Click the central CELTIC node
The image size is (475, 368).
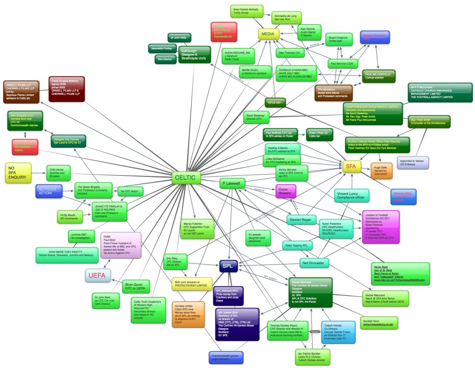186,178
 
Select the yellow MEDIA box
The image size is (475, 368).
269,34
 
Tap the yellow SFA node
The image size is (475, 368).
351,167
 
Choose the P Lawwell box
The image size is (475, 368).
232,183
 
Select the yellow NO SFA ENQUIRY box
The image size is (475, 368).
18,173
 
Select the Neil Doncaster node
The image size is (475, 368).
314,262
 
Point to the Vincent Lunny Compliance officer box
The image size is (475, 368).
351,195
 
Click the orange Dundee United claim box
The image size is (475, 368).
188,314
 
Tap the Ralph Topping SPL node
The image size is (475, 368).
296,246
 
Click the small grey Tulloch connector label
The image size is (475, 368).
315,331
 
